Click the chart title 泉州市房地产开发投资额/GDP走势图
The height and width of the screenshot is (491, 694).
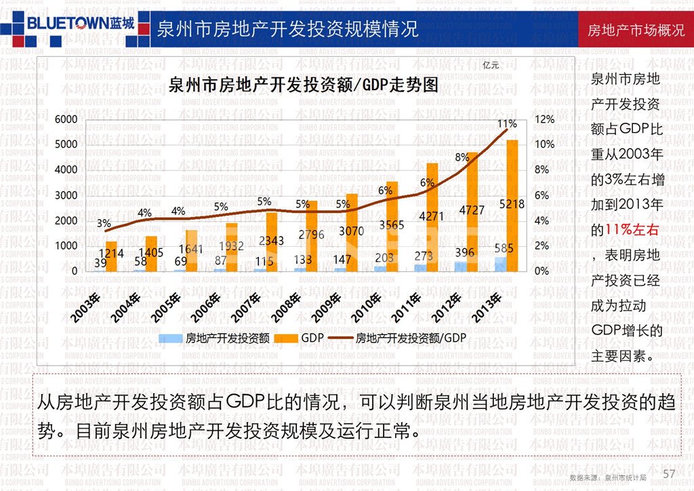pyautogui.click(x=303, y=85)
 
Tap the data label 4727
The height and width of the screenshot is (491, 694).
pyautogui.click(x=471, y=210)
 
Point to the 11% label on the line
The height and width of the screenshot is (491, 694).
pyautogui.click(x=507, y=124)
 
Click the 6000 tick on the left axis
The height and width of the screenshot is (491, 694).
pyautogui.click(x=66, y=119)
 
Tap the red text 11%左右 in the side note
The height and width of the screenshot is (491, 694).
pyautogui.click(x=634, y=231)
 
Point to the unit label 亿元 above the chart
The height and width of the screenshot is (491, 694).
pyautogui.click(x=491, y=66)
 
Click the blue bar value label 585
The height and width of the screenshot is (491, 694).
pyautogui.click(x=504, y=248)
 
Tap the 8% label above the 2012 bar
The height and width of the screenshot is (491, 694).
pyautogui.click(x=462, y=157)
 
